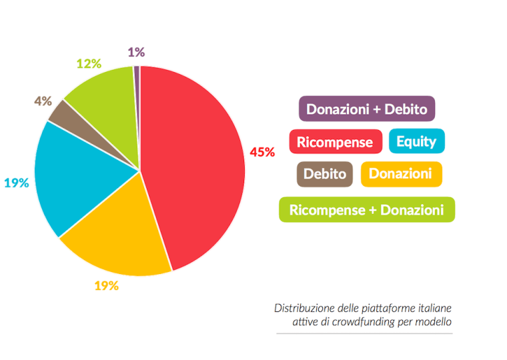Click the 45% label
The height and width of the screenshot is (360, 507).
[x=262, y=152]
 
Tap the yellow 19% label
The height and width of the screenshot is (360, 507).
[x=106, y=286]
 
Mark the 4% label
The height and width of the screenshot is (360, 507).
[x=43, y=101]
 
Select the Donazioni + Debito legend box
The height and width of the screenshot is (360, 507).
[x=366, y=109]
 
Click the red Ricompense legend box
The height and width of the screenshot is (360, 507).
[x=335, y=142]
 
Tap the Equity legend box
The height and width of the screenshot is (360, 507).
[x=416, y=141]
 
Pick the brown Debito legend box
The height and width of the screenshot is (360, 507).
[x=324, y=175]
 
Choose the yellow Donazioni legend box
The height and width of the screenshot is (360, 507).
[x=400, y=175]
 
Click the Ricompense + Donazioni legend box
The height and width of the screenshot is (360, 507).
[x=366, y=210]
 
